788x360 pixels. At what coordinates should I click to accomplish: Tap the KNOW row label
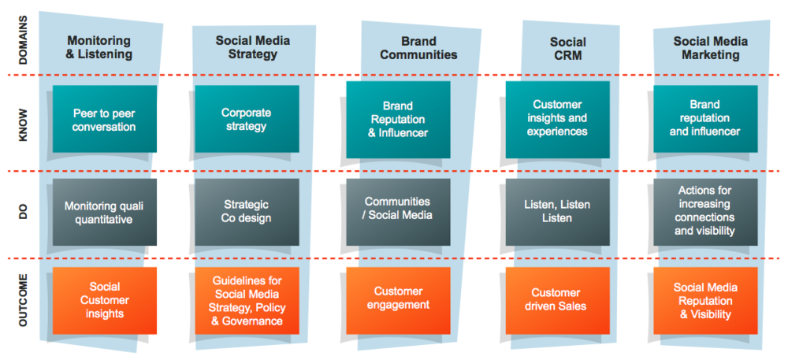(23, 124)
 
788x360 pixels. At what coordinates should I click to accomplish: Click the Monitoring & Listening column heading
(99, 48)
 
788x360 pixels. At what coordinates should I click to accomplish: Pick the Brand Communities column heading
(418, 48)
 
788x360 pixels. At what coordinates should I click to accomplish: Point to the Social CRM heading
(567, 48)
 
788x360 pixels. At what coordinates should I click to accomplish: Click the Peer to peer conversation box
(104, 120)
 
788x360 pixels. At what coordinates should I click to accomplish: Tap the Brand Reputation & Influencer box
(398, 120)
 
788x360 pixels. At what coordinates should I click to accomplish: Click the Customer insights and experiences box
(558, 120)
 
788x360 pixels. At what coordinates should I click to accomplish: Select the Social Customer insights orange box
(104, 300)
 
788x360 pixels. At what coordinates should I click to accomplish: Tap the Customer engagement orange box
(398, 300)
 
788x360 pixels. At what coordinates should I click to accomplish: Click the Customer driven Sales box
(558, 300)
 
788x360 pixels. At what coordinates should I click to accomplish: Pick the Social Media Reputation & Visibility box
(706, 300)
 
